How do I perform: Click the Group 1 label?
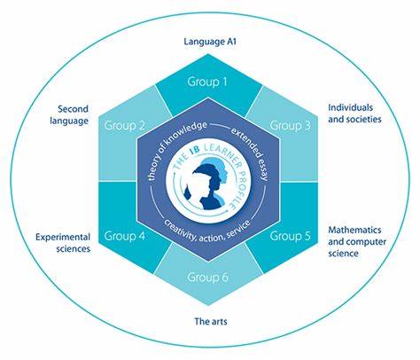coord(207,82)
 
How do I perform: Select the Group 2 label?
coord(124,126)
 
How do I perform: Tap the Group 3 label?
coord(291,126)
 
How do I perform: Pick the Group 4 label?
coord(125,236)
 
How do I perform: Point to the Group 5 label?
coord(291,236)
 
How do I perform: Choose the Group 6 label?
coord(207,278)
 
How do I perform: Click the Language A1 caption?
coord(210,42)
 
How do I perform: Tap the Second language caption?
coord(69,114)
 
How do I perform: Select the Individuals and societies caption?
coord(354,113)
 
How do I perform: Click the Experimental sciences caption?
coord(63,243)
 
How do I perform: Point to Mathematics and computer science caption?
coord(357,241)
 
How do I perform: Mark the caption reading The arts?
coord(211,321)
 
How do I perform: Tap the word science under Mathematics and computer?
coord(343,254)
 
